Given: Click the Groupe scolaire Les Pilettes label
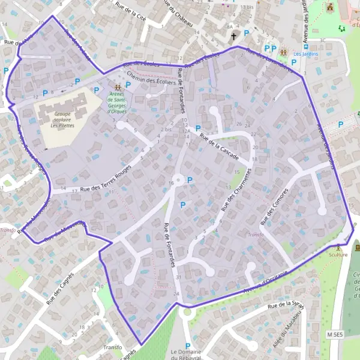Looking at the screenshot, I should click(62, 119).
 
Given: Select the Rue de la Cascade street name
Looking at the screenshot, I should click(220, 147).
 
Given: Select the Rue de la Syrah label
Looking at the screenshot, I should click(286, 305).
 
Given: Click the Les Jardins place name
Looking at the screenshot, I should click(305, 54).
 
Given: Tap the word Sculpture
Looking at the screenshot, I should click(338, 254).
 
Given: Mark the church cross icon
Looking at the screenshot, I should click(235, 36).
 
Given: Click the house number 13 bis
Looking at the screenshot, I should click(247, 7).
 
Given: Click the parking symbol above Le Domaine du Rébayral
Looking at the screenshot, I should click(188, 346).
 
